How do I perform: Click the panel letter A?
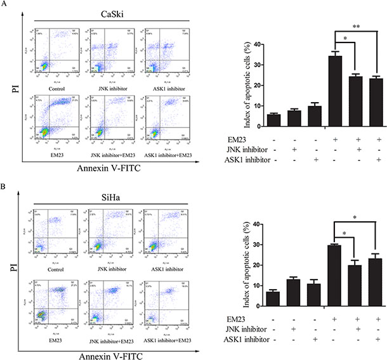click(6, 4)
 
